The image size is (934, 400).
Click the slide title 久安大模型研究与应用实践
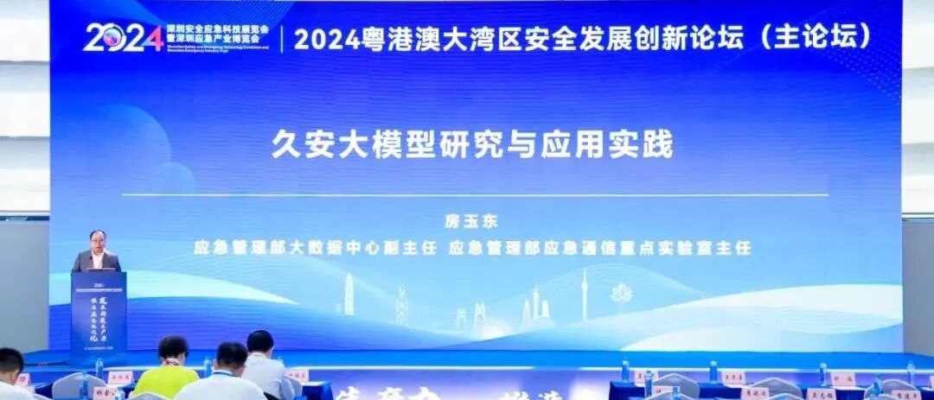click(472, 143)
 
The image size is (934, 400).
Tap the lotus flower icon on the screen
click(621, 295)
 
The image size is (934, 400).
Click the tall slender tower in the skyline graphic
click(584, 294)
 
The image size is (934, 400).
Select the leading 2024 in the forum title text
click(324, 37)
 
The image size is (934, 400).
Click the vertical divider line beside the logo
click(281, 37)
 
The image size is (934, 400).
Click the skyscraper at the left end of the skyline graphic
click(349, 295)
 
